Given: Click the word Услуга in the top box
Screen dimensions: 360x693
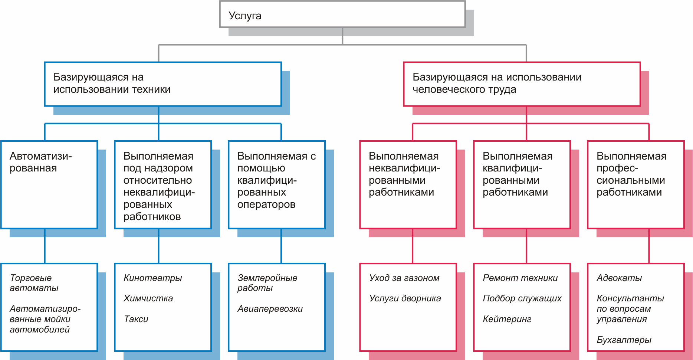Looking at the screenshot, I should [x=245, y=16].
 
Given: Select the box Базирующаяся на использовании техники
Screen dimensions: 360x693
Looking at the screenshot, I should [x=162, y=84].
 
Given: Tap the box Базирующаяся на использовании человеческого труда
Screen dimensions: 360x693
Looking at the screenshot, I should [x=522, y=84].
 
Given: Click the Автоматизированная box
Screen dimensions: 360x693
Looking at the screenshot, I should [x=49, y=184].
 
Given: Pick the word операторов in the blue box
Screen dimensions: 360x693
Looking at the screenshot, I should [x=266, y=204].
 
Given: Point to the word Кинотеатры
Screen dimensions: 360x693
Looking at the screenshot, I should [x=152, y=278].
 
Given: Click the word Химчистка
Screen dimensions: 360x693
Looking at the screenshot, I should [x=148, y=298].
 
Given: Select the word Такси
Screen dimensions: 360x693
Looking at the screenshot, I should [x=136, y=319].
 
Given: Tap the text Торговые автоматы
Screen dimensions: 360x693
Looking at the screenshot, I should [x=34, y=283].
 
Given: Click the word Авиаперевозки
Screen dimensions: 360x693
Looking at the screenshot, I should [x=270, y=309].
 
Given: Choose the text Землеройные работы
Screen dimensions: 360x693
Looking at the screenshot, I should [x=267, y=283].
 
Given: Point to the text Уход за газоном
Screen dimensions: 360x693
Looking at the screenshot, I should [x=404, y=278].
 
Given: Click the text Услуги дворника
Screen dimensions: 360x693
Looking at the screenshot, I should [x=405, y=298].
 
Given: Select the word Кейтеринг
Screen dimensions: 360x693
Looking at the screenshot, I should [x=507, y=319].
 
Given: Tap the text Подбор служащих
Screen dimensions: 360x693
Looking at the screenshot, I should [x=522, y=298].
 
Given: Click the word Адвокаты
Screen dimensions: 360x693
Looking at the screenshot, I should [x=619, y=278].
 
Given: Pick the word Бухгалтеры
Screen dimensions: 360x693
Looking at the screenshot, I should [x=624, y=340].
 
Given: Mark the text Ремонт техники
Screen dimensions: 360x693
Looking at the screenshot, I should [x=520, y=278].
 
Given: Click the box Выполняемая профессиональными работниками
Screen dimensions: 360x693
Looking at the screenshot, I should [x=635, y=184].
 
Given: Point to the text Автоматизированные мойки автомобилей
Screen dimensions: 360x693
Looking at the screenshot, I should [x=45, y=319].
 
